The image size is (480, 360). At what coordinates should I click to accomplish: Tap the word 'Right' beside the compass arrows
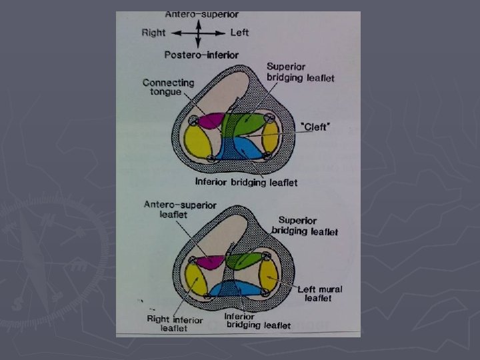153,32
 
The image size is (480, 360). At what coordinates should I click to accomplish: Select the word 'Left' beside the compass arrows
239,32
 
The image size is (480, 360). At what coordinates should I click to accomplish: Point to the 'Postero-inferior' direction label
201,55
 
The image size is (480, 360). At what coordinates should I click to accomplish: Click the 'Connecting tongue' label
168,87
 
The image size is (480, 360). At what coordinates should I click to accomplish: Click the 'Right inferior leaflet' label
175,324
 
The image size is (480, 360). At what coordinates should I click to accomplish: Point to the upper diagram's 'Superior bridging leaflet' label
301,72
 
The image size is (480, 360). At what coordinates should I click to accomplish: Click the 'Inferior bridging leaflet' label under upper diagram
246,181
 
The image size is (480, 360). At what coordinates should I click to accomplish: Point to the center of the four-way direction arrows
198,32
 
